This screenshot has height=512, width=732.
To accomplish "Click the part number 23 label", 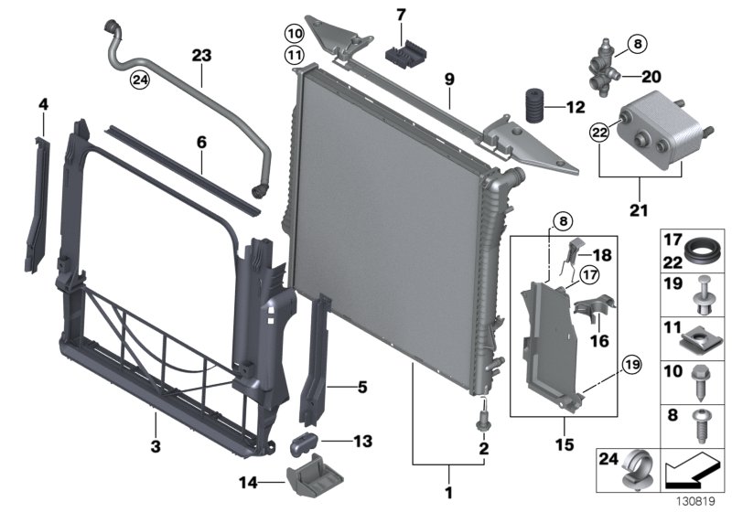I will point(201,56).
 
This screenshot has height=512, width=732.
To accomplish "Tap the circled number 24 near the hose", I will point(139,80).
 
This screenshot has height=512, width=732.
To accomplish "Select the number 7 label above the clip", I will point(400,15).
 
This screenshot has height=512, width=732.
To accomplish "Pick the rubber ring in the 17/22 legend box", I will point(702,249).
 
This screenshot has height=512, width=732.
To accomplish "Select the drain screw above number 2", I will point(481,421).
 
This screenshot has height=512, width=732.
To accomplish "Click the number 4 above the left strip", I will point(42,107).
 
